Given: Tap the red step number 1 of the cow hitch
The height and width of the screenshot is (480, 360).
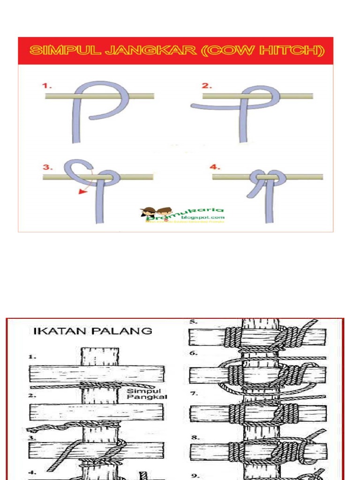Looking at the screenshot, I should [46, 86].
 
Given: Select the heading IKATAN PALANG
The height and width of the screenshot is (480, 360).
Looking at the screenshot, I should [93, 331].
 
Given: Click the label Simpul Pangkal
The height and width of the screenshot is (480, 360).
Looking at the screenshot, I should [147, 394].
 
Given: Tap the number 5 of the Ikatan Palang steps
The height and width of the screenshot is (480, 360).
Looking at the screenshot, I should [194, 322].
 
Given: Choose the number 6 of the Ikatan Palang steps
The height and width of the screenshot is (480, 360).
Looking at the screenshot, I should [194, 353].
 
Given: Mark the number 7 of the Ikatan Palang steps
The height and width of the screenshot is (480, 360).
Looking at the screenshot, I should [194, 394].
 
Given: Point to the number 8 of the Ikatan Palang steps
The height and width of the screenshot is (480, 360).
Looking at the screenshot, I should [194, 437].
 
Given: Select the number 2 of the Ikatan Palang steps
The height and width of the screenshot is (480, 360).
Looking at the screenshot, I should [32, 396].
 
